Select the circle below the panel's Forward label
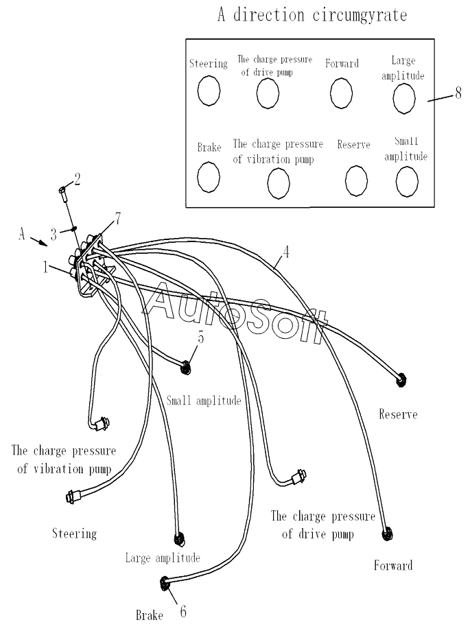click(x=341, y=93)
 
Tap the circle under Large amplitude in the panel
click(x=403, y=97)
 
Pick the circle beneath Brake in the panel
click(x=208, y=176)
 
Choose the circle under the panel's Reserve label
click(x=355, y=180)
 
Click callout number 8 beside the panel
click(x=458, y=94)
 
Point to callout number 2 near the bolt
click(x=77, y=180)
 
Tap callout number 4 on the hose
click(x=286, y=251)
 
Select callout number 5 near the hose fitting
click(x=200, y=337)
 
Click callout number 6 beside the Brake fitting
click(x=183, y=611)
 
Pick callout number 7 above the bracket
click(x=118, y=218)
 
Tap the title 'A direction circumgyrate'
click(x=312, y=14)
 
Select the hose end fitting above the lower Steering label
click(x=72, y=495)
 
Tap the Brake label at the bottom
click(x=149, y=615)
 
